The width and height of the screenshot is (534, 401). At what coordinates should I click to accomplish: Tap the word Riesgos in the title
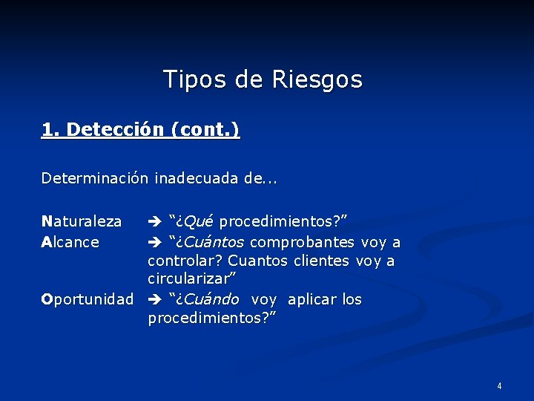pos(317,79)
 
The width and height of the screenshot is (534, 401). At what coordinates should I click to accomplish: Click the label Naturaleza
pos(82,221)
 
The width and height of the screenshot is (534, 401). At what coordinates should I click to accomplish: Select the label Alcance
pos(70,242)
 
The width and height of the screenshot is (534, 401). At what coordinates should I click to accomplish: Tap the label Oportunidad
pos(88,299)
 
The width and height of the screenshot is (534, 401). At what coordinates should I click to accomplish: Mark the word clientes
pos(321,261)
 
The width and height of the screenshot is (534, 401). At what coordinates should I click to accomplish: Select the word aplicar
pos(312,299)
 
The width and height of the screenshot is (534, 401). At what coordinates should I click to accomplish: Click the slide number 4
pos(499,386)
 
